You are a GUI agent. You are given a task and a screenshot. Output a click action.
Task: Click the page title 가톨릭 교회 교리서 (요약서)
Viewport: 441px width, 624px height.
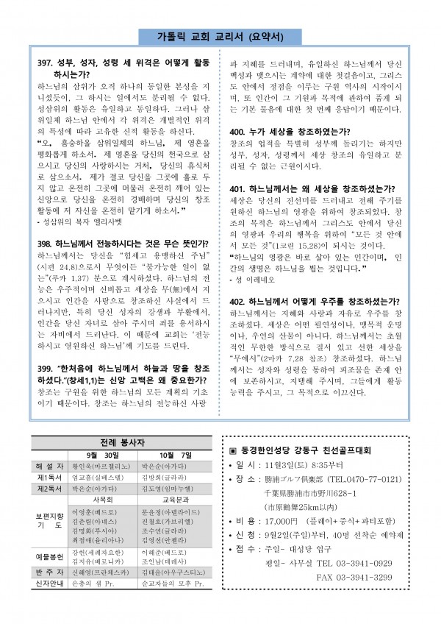click(220, 37)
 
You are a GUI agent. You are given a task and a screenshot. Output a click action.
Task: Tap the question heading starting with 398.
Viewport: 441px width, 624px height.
click(111, 241)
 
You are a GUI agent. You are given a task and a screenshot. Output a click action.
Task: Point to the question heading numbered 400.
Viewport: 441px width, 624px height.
click(290, 130)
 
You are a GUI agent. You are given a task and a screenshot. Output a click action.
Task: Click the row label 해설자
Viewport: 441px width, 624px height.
click(49, 467)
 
